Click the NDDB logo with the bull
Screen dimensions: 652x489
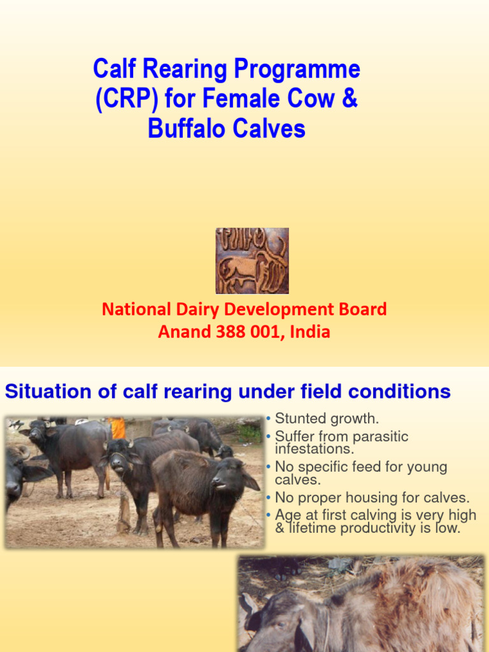252,261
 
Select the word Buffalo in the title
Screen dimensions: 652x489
184,129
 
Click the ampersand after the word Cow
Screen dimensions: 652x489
350,100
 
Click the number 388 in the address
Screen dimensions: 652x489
231,332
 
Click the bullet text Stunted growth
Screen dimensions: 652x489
327,419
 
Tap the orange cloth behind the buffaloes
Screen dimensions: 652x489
117,427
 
